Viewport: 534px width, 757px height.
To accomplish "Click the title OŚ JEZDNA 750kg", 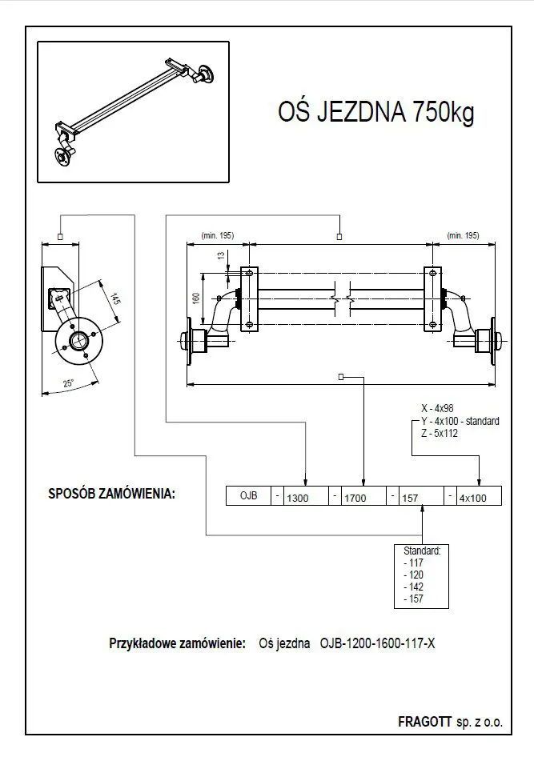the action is coord(375,112).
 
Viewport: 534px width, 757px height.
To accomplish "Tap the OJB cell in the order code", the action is coord(248,496).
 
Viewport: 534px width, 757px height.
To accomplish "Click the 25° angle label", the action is coord(69,383).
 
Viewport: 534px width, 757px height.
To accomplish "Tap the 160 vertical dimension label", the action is coord(196,298).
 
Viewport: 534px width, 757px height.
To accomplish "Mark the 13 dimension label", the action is coord(221,255).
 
